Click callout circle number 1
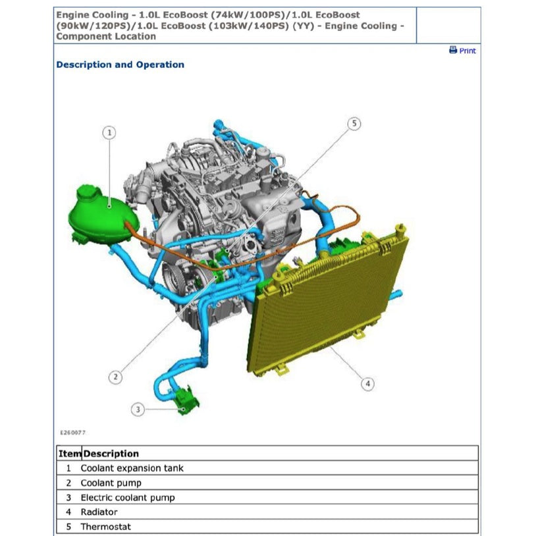pyautogui.click(x=109, y=132)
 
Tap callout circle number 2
pyautogui.click(x=115, y=377)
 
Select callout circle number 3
pyautogui.click(x=138, y=409)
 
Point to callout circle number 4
pyautogui.click(x=368, y=383)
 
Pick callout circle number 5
pyautogui.click(x=354, y=123)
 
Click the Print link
pyautogui.click(x=468, y=51)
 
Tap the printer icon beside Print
pyautogui.click(x=453, y=50)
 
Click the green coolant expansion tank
pyautogui.click(x=103, y=215)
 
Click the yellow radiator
pyautogui.click(x=328, y=301)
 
